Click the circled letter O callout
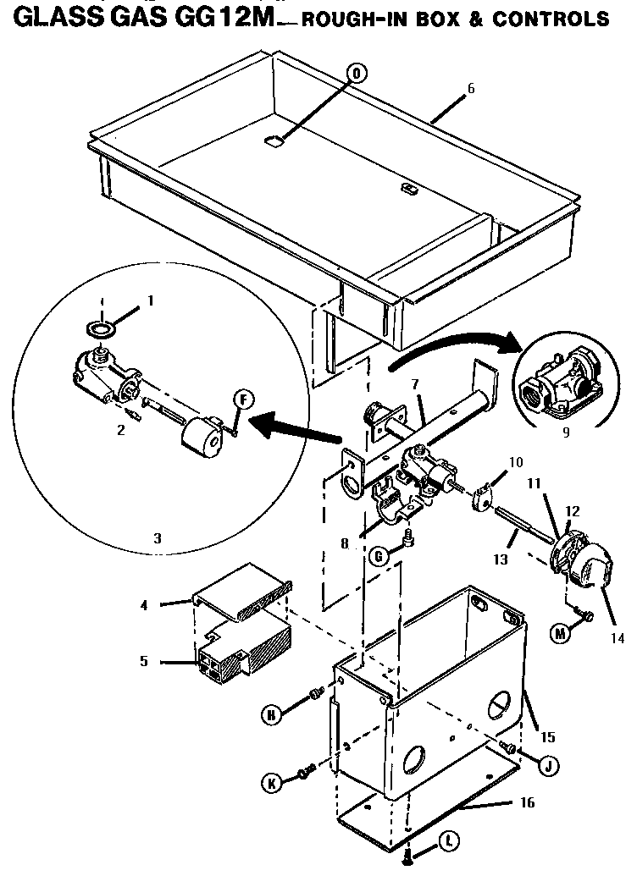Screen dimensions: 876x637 357,74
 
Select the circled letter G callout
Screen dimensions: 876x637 380,554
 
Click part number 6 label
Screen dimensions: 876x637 471,89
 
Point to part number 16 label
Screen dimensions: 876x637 528,802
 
